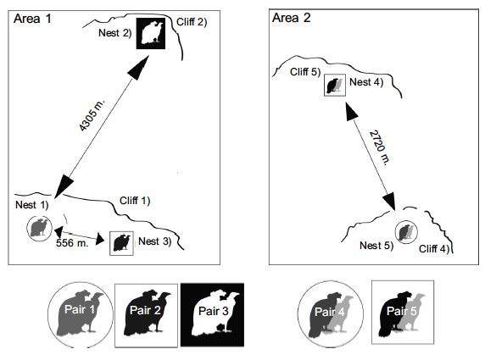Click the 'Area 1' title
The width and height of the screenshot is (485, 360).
pos(32,19)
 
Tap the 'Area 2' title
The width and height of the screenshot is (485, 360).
pos(291,18)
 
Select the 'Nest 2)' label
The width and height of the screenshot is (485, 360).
pos(115,33)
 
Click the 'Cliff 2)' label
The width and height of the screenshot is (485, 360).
pos(192,22)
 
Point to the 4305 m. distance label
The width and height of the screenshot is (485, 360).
pos(92,115)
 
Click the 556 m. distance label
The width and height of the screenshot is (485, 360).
pos(72,243)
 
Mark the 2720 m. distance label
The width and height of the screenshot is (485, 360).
pos(380,147)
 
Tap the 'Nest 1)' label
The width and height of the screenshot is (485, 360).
pos(32,205)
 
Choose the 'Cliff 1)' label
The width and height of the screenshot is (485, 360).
pos(135,201)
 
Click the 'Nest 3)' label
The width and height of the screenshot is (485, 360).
pos(154,241)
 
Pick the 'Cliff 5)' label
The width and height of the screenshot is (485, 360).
pos(305,72)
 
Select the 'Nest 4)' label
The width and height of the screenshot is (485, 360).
pos(366,82)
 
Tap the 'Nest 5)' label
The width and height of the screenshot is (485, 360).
pos(376,246)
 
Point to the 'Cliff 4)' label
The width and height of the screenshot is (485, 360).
pos(434,249)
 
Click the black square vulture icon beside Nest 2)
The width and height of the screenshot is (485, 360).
pos(151,33)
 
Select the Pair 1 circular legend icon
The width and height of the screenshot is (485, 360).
pos(81,314)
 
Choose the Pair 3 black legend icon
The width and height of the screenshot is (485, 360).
pos(212,314)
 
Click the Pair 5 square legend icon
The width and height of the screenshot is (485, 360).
pos(403,313)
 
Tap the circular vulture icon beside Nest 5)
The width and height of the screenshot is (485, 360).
pos(406,232)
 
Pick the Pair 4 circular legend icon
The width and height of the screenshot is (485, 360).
pos(331,314)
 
